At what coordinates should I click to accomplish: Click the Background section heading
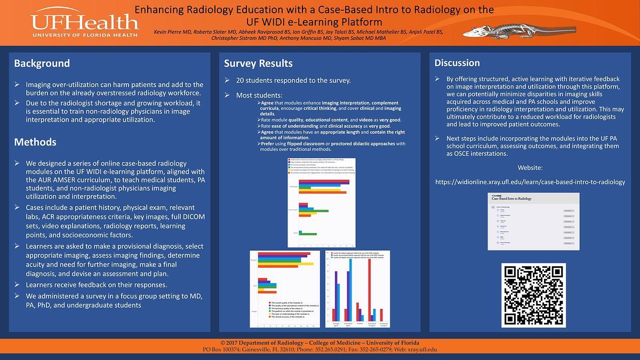coord(42,63)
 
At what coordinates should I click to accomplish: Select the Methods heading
coord(35,142)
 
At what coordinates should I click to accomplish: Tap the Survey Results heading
coord(258,63)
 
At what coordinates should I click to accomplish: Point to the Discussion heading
coord(457,63)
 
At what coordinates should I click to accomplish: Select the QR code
coord(534,295)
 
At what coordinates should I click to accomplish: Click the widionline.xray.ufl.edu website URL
coord(530,182)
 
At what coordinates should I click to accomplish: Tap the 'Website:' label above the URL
coord(531,168)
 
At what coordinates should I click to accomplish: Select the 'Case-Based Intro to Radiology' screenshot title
coord(513,198)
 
